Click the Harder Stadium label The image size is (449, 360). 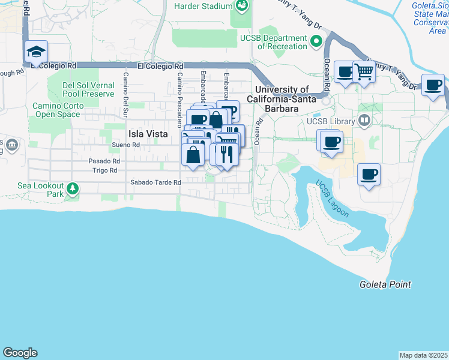pos(202,6)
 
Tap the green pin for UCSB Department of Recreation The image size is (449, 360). pos(317,42)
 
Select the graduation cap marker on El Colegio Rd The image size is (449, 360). pos(36,52)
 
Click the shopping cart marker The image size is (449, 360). pos(364,73)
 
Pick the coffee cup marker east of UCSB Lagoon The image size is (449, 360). pos(369,175)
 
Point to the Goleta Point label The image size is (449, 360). pos(385,284)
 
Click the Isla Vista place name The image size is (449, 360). pos(148,134)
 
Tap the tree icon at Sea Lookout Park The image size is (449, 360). pos(73,190)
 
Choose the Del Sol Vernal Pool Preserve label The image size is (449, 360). pos(88,89)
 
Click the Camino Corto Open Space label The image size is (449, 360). pos(56,110)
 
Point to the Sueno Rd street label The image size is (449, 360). pos(125,145)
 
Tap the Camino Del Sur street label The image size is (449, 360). pos(126,94)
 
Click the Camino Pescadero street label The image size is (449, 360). pos(179,100)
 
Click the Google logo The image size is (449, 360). pos(20,353)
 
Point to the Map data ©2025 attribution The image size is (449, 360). pos(423,355)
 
